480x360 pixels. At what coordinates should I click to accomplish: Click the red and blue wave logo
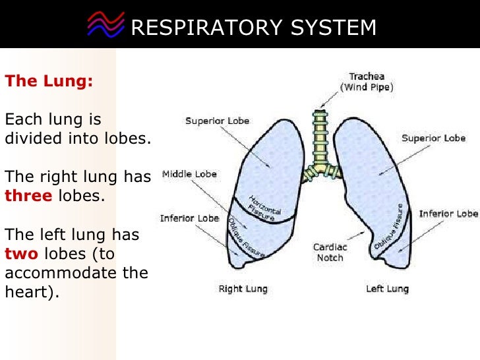point(105,26)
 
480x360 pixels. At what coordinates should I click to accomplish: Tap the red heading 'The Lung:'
point(49,82)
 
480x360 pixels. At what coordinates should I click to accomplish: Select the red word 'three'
point(28,196)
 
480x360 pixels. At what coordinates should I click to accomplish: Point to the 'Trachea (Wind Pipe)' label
point(367,82)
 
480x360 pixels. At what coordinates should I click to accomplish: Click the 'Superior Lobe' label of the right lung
point(217,121)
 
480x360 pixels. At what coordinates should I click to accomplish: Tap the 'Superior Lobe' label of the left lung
point(433,138)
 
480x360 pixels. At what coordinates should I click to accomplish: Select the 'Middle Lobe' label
point(189,175)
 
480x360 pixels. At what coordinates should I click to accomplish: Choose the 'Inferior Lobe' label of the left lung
point(448,214)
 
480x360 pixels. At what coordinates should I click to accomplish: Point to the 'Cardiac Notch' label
point(330,253)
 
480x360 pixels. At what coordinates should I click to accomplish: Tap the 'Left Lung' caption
point(387,289)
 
